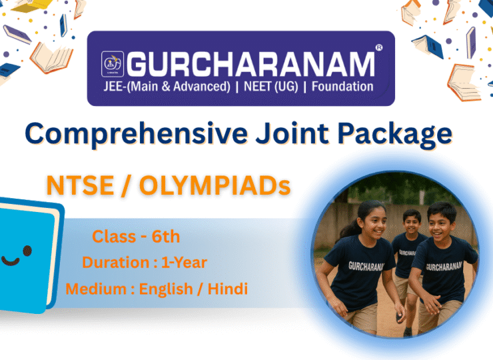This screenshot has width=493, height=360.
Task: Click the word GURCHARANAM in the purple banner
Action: [250, 64]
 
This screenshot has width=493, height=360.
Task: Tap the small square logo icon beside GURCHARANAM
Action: [113, 64]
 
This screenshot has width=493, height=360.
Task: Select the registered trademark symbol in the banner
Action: [379, 48]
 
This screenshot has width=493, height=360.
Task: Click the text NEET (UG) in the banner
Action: [271, 87]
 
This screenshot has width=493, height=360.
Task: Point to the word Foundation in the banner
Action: [342, 87]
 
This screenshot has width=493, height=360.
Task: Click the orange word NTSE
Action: [80, 185]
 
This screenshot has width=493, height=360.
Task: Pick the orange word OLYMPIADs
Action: [215, 185]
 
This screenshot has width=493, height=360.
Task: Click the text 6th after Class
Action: [166, 237]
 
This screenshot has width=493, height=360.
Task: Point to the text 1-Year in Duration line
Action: [184, 263]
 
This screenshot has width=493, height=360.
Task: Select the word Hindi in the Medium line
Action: [228, 289]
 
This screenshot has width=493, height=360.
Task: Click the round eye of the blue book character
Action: [27, 251]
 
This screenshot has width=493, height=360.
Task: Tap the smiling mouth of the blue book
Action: [10, 261]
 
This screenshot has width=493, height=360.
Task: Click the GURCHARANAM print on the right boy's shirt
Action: [444, 267]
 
